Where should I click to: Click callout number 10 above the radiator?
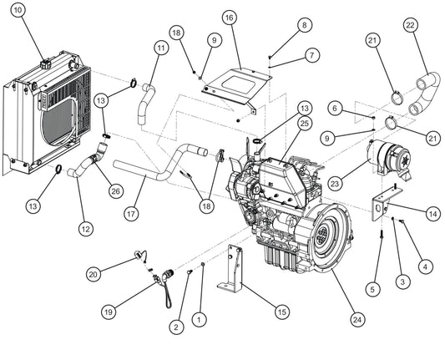tap(19, 11)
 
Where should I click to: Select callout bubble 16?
tap(229, 17)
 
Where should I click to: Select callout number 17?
tap(129, 214)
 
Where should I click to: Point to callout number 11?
tap(160, 48)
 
